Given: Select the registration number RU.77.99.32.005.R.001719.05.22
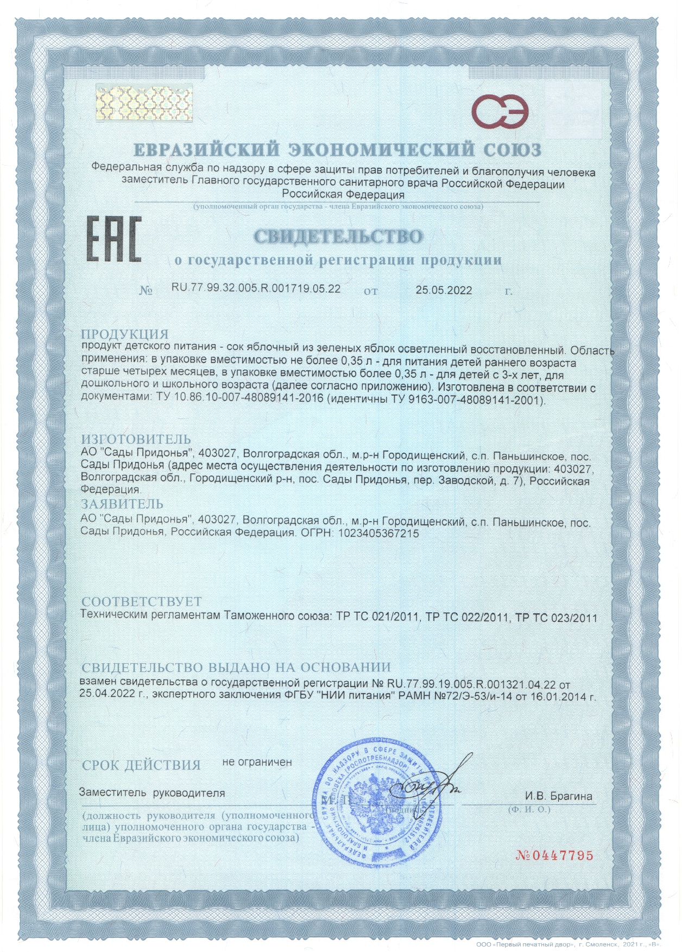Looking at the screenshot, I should click(x=256, y=288).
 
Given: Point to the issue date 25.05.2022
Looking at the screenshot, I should click(x=444, y=290).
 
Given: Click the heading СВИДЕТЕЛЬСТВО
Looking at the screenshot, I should click(x=338, y=236).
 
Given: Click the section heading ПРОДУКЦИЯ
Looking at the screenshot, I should click(x=125, y=334).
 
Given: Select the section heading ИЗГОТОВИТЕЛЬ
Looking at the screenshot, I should click(x=136, y=439).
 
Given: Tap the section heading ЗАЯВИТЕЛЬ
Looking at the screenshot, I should click(x=122, y=504).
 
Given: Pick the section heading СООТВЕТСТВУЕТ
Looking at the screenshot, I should click(x=141, y=601).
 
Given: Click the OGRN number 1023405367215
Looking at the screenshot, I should click(x=378, y=533).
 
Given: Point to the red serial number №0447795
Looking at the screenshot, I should click(x=554, y=856).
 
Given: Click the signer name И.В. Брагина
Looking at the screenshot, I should click(x=558, y=796).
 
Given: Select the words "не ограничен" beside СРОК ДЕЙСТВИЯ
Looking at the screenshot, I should click(x=257, y=762).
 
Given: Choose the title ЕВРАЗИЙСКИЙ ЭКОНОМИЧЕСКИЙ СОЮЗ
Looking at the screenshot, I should click(x=337, y=149).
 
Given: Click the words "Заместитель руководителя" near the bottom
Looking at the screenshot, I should click(x=152, y=792).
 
